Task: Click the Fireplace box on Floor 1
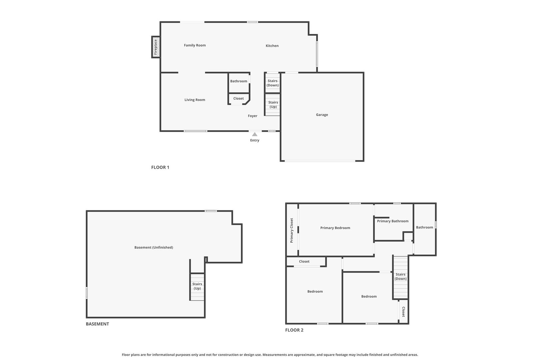pyautogui.click(x=156, y=47)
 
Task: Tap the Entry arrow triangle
pyautogui.click(x=255, y=134)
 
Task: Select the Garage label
pyautogui.click(x=322, y=115)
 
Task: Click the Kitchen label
pyautogui.click(x=272, y=46)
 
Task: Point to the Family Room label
pyautogui.click(x=195, y=45)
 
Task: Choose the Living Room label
pyautogui.click(x=195, y=100)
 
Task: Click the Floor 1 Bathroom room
pyautogui.click(x=239, y=82)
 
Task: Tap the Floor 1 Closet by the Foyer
pyautogui.click(x=239, y=99)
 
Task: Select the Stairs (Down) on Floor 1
pyautogui.click(x=272, y=83)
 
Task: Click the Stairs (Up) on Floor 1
pyautogui.click(x=272, y=105)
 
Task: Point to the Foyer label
pyautogui.click(x=253, y=116)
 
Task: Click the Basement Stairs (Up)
pyautogui.click(x=197, y=287)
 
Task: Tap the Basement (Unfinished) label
pyautogui.click(x=154, y=247)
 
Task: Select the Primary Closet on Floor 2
pyautogui.click(x=292, y=230)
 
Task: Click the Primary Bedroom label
pyautogui.click(x=335, y=228)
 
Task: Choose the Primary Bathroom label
pyautogui.click(x=393, y=221)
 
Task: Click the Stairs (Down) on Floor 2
pyautogui.click(x=400, y=277)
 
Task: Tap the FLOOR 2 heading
pyautogui.click(x=294, y=330)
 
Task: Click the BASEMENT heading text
pyautogui.click(x=97, y=324)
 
